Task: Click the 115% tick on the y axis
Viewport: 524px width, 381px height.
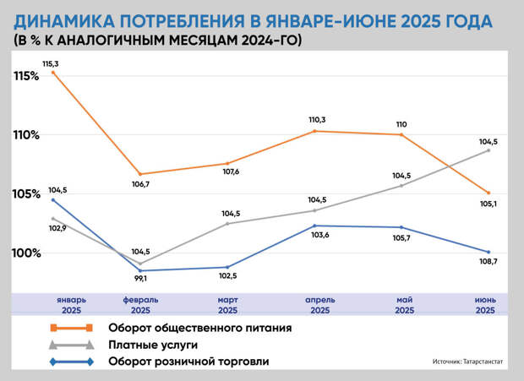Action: click(26, 76)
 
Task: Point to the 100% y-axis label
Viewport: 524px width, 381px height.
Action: click(26, 253)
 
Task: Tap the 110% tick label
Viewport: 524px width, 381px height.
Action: click(26, 135)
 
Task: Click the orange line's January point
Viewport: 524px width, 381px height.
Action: click(53, 73)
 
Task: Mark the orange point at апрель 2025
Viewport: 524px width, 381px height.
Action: click(314, 131)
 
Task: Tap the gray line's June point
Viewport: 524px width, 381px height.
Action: click(489, 150)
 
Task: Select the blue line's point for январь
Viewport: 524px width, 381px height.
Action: click(53, 200)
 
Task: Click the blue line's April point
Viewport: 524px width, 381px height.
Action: click(314, 226)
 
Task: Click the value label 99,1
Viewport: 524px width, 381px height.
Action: click(140, 279)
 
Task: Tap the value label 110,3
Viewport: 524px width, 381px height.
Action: click(318, 120)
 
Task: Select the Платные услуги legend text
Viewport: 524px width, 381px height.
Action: click(152, 345)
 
